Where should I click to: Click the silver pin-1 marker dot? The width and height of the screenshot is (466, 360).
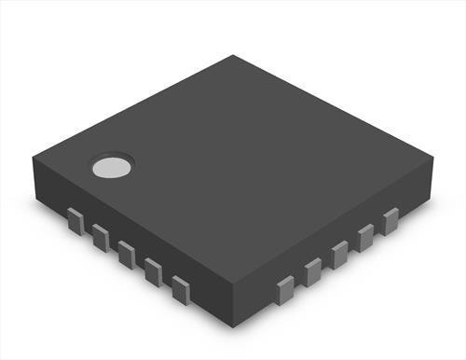pyautogui.click(x=111, y=167)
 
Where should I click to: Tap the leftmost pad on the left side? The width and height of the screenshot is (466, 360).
pyautogui.click(x=75, y=221)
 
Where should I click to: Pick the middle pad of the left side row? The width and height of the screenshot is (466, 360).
pyautogui.click(x=127, y=254)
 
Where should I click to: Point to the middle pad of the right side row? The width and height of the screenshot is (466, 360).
pyautogui.click(x=340, y=253)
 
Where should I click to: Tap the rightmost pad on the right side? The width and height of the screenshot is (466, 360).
pyautogui.click(x=391, y=220)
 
